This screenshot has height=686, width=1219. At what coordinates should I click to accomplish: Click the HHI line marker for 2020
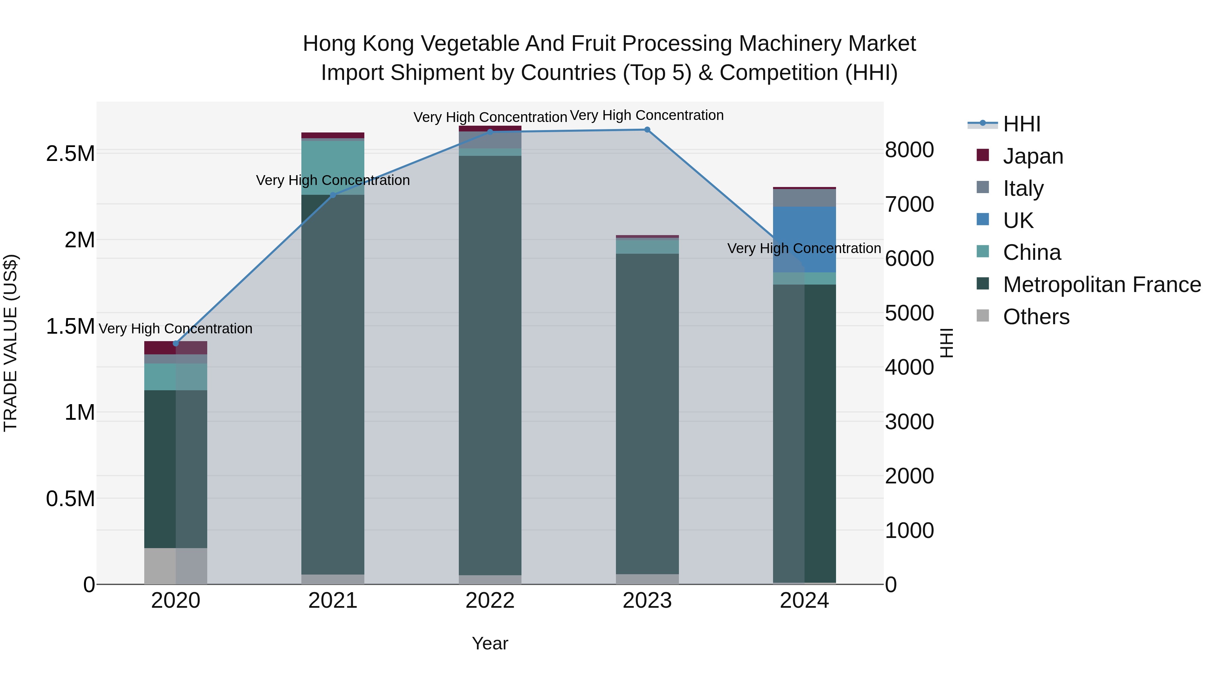tap(175, 343)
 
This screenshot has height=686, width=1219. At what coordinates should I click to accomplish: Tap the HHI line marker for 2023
tap(647, 130)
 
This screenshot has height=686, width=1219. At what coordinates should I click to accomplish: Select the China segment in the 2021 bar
tap(333, 168)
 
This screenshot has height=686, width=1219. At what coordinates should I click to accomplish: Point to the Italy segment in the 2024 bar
tap(805, 198)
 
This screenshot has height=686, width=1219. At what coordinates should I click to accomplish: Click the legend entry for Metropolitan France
tap(1102, 285)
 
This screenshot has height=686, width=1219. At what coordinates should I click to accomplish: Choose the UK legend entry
tap(1018, 221)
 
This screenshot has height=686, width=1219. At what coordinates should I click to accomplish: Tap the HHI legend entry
tap(1021, 124)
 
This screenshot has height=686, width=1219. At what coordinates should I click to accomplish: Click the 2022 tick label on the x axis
tap(490, 601)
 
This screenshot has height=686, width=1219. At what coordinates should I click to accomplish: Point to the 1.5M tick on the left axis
tap(70, 326)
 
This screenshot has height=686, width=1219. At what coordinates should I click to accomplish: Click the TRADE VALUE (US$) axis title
tap(10, 343)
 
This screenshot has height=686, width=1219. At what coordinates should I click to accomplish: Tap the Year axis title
tap(490, 643)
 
